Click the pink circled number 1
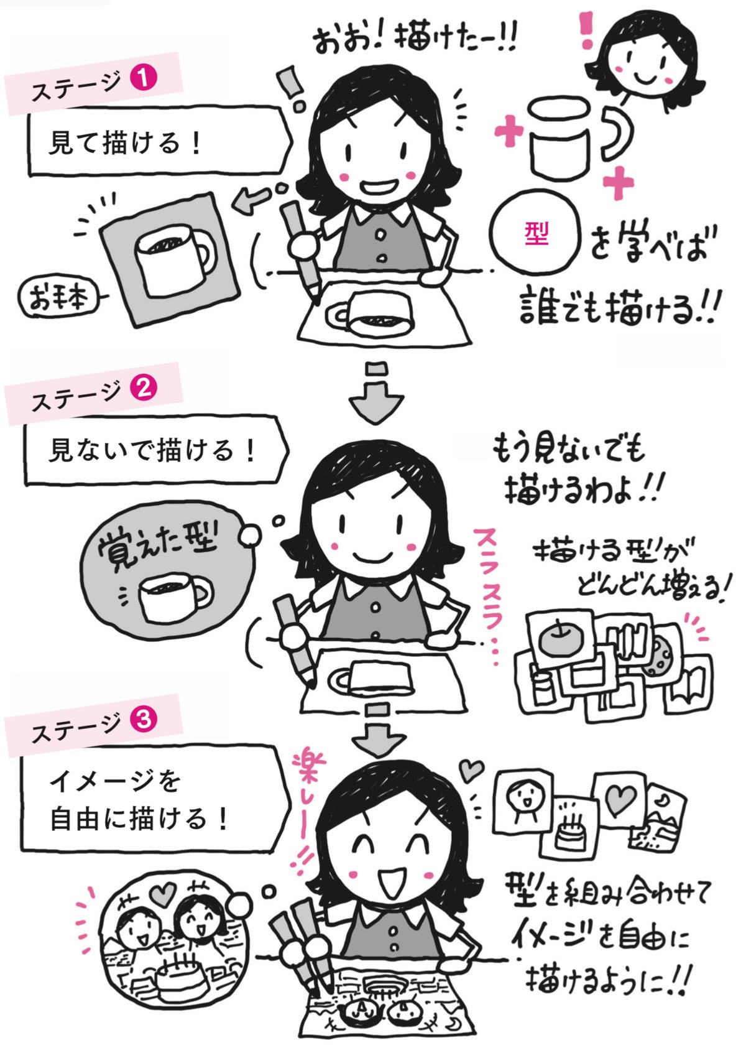pyautogui.click(x=143, y=79)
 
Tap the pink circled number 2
pyautogui.click(x=143, y=389)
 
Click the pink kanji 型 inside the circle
pyautogui.click(x=536, y=232)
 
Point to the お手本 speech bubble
pyautogui.click(x=59, y=297)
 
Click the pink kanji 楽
pyautogui.click(x=309, y=772)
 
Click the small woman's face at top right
pyautogui.click(x=645, y=59)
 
